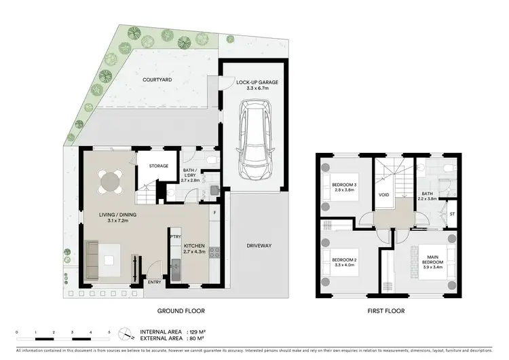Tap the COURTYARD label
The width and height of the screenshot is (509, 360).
(x=157, y=79)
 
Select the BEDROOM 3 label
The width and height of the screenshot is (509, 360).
(x=343, y=185)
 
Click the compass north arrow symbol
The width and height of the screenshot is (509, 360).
(x=124, y=334)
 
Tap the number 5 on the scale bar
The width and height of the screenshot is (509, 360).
(x=109, y=331)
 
